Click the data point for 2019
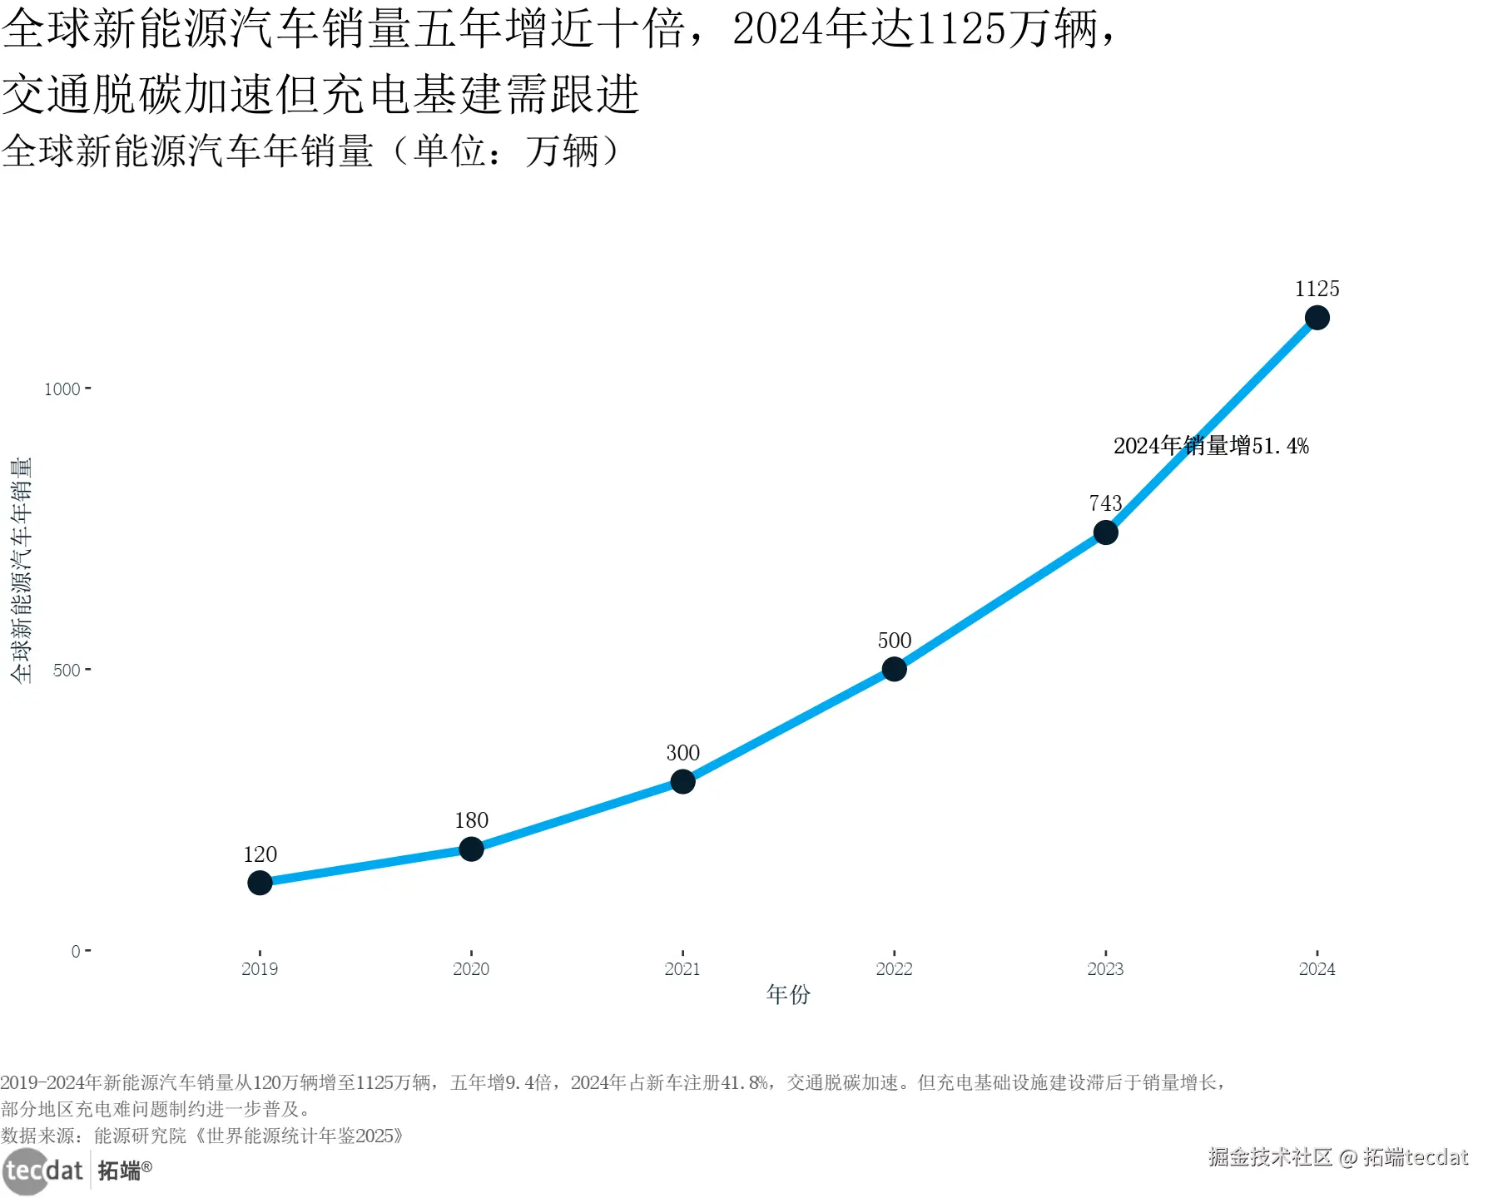tap(260, 883)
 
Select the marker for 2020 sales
tap(471, 849)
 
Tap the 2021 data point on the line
tap(682, 781)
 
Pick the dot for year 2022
tap(894, 669)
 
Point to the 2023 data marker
tap(1105, 532)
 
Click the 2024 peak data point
tap(1317, 318)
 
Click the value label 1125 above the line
tap(1317, 289)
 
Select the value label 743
tap(1105, 503)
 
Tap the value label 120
tap(260, 854)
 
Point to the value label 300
tap(682, 753)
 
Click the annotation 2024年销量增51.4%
tap(1211, 446)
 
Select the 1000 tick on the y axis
tap(62, 389)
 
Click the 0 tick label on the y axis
tap(76, 951)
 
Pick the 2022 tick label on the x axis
tap(894, 969)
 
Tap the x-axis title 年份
tap(788, 994)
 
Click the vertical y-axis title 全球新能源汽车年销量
tap(21, 571)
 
